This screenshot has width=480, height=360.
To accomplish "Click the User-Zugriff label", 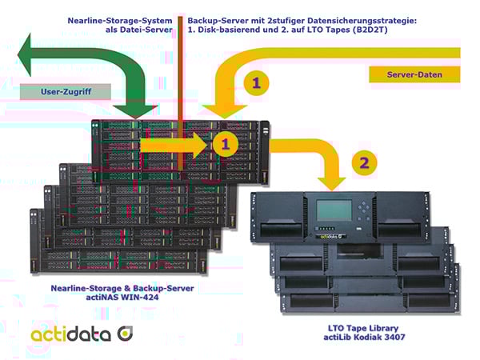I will click(x=67, y=92).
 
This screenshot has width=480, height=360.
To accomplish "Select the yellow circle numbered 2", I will click(x=365, y=162).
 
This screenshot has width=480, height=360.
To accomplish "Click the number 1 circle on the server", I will click(x=226, y=146).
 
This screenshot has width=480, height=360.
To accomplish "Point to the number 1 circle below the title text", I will click(x=256, y=82).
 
